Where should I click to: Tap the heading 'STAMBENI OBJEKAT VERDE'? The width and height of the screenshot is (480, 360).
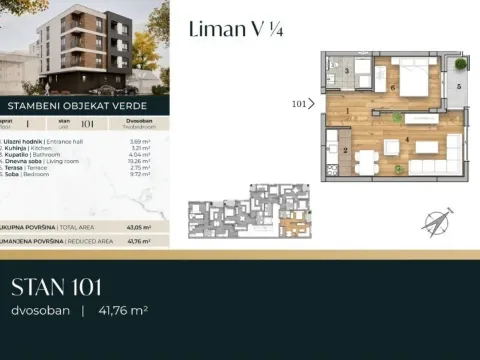(x=85, y=104)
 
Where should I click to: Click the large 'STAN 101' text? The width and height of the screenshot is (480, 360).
(x=57, y=288)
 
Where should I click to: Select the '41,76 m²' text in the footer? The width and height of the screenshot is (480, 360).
(x=122, y=311)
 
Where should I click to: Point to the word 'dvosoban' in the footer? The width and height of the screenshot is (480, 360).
(x=40, y=311)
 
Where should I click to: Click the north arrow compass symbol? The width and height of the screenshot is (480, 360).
(x=436, y=221)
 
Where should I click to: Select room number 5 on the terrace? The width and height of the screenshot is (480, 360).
(x=458, y=87)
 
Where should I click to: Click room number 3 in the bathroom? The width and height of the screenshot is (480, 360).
(x=346, y=72)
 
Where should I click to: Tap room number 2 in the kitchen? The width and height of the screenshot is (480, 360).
(x=346, y=150)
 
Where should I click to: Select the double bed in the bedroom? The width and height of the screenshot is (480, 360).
(x=410, y=72)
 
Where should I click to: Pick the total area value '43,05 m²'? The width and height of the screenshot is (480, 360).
(x=138, y=228)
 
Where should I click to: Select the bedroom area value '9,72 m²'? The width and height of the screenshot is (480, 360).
(x=138, y=177)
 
